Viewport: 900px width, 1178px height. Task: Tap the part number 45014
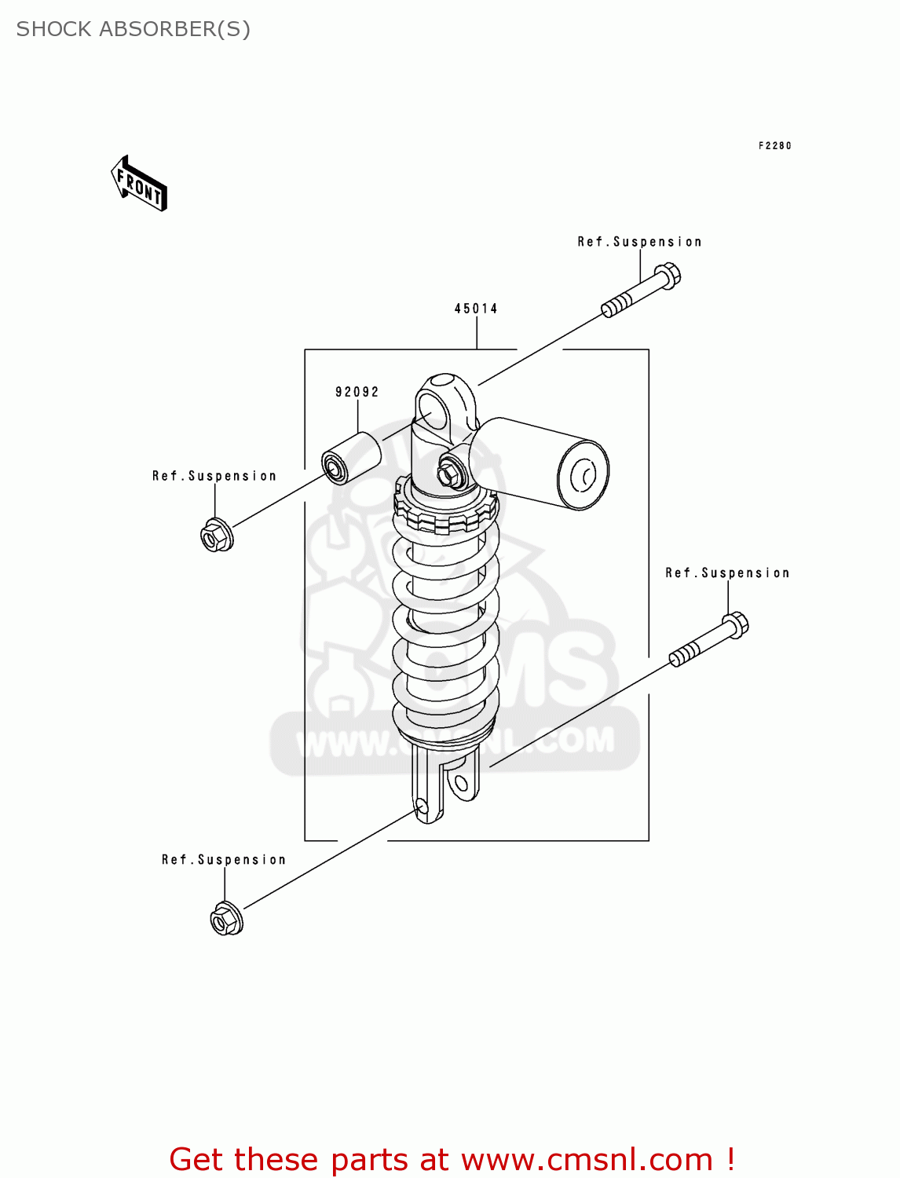[476, 309]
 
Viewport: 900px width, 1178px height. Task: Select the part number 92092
[357, 392]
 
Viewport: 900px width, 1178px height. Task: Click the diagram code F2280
[774, 145]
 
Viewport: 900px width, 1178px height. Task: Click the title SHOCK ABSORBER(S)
[134, 29]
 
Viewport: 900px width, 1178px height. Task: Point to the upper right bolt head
[667, 276]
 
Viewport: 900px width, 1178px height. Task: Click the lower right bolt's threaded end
[684, 654]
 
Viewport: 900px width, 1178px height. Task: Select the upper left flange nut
[216, 536]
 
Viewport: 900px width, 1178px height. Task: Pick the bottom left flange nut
[226, 919]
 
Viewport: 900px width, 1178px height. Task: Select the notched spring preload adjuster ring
[445, 510]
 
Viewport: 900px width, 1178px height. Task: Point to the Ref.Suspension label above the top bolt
[639, 242]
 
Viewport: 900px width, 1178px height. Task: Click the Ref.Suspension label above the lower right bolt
[727, 573]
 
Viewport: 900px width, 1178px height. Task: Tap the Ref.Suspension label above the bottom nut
[224, 860]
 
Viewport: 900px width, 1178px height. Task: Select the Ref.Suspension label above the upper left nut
[214, 476]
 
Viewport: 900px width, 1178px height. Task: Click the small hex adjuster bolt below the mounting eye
[450, 474]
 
